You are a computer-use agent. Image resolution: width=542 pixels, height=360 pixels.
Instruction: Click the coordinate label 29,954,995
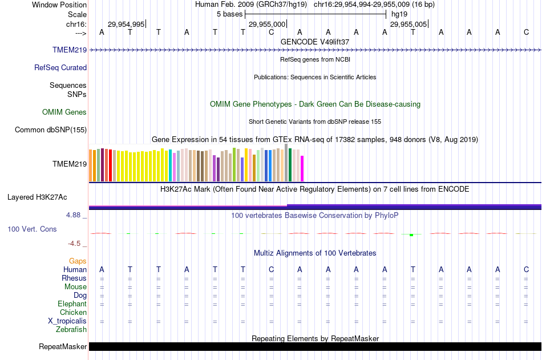[x=126, y=24]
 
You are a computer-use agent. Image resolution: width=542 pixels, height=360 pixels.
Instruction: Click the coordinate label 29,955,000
[x=267, y=24]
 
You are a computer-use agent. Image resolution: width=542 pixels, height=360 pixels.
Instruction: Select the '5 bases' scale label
[x=229, y=14]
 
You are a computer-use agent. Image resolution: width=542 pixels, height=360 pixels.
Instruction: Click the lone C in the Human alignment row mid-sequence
[x=272, y=269]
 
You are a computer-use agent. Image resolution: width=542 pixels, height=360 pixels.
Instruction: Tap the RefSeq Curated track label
[x=60, y=67]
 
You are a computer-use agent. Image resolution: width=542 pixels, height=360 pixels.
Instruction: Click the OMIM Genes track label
[x=64, y=112]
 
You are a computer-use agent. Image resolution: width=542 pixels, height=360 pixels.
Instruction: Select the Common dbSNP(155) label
[x=51, y=130]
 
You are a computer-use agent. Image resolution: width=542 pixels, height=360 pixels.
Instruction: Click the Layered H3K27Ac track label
[x=37, y=197]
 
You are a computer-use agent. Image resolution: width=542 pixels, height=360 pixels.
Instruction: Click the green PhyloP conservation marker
[x=411, y=234]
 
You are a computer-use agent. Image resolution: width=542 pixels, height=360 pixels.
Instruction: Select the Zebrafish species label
[x=71, y=329]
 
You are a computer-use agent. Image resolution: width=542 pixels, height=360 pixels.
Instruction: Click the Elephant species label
[x=72, y=304]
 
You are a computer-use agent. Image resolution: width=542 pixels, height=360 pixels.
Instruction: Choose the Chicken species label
[x=73, y=312]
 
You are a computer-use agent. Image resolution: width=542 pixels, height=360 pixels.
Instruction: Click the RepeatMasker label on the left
[x=63, y=346]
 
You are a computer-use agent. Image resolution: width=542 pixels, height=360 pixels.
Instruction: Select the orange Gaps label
[x=78, y=261]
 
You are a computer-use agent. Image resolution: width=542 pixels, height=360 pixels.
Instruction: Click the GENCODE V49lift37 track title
[x=315, y=42]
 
